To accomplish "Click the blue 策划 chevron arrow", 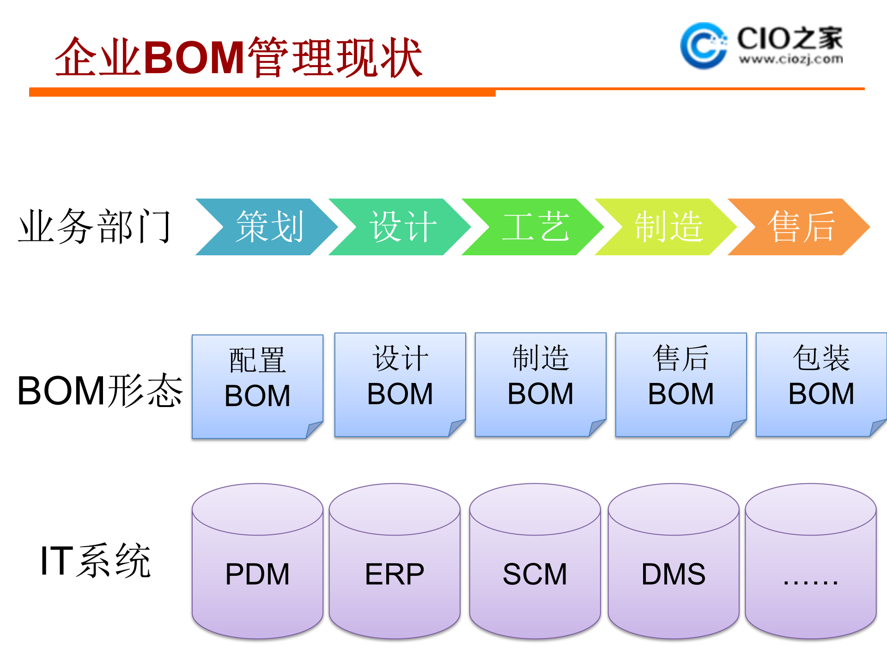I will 268,227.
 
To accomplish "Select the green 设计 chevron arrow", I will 401,227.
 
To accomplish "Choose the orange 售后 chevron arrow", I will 800,227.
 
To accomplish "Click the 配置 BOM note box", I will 257,386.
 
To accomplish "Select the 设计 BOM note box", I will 400,384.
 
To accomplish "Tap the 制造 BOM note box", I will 541,384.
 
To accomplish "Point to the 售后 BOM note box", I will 681,384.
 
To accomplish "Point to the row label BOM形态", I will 100,391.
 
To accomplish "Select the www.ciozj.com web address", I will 790,59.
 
